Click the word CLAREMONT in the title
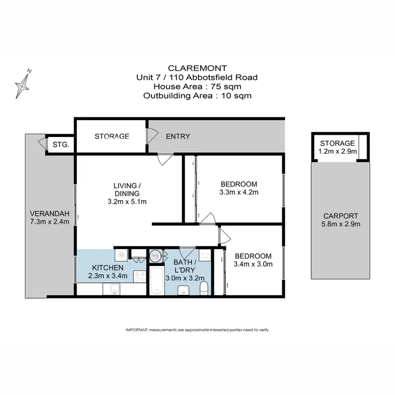point(197,68)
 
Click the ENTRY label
point(178,136)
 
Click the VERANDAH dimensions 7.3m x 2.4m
point(50,222)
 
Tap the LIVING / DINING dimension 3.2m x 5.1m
point(127,201)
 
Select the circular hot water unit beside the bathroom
point(156,255)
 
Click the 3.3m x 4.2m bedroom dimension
point(239,192)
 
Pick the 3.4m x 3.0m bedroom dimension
point(253,264)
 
